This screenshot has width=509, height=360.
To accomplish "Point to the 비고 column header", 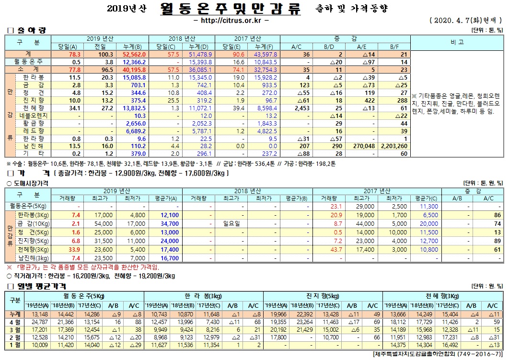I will click(x=457, y=42).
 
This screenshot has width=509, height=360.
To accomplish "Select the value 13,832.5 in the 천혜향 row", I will click(x=137, y=108).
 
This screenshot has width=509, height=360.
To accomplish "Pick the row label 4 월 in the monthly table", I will click(x=15, y=323).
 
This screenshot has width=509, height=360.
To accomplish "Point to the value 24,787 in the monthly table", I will click(x=39, y=323).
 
